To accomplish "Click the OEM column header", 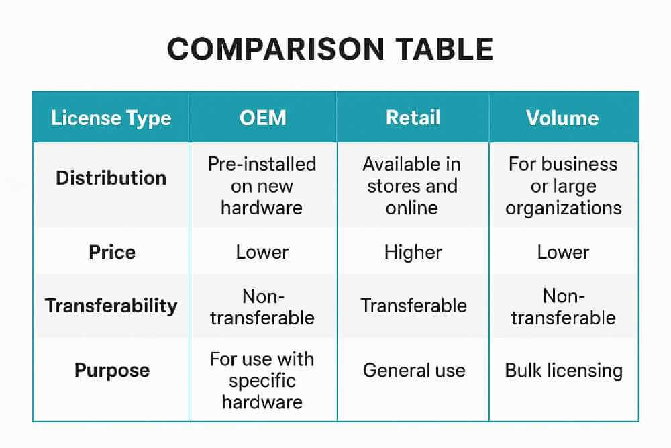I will point(262,118).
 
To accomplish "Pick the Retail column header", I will point(413,118).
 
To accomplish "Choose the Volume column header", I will point(562,118).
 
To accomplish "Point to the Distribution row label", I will point(111,178).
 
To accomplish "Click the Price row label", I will point(112,252).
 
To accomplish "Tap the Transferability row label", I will point(111,306).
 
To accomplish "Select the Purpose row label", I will point(112,370).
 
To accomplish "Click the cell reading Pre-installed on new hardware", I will point(262,186).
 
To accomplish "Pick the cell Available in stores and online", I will point(413,186).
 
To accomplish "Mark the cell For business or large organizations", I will point(563,186).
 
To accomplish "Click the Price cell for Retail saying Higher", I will point(413,252).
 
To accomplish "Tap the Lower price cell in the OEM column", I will point(262,252).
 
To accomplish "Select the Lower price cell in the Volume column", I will point(563,252).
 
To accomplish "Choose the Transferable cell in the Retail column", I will point(413,306).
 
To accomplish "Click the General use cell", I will point(413,370).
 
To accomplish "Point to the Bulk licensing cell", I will point(564,370).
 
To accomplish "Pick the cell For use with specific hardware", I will point(262,380).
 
